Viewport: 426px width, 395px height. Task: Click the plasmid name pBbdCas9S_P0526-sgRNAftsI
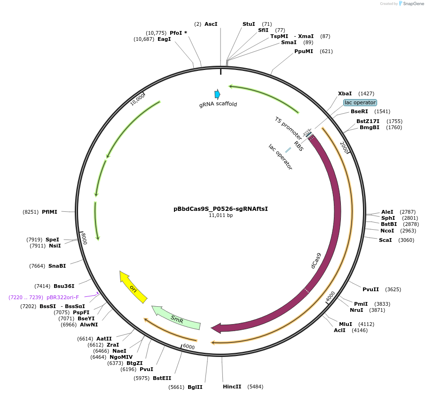[221, 209]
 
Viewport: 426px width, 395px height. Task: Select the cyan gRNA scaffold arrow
[217, 94]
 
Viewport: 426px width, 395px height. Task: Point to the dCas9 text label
[316, 261]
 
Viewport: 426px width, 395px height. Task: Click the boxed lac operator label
[360, 102]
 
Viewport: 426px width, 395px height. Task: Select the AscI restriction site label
[211, 24]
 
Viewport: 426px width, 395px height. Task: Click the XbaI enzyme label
[345, 94]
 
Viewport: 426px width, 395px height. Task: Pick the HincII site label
[232, 387]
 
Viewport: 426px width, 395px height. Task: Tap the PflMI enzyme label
[49, 212]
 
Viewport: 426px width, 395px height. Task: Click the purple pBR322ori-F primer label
[63, 297]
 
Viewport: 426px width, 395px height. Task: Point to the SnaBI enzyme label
[57, 266]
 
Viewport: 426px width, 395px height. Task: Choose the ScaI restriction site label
[385, 240]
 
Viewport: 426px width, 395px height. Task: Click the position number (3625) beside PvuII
[393, 289]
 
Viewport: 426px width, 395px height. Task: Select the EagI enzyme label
[164, 39]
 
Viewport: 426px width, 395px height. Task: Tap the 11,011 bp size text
[221, 216]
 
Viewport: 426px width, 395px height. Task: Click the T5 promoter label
[288, 127]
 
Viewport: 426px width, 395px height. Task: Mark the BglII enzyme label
[195, 387]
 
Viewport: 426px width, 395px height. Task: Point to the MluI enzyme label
[346, 324]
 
